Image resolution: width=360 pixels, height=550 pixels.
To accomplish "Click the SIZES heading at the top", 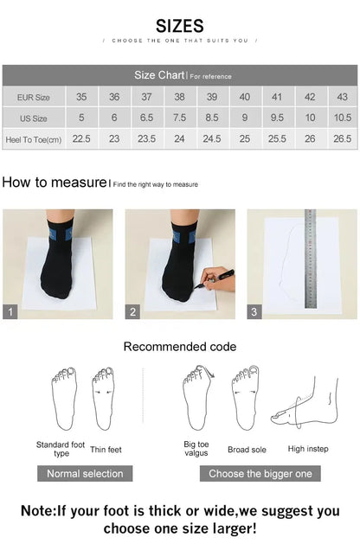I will point(180,25).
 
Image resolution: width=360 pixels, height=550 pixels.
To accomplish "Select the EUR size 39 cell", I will point(212,97).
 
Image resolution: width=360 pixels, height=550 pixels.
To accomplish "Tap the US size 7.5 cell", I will point(179,118).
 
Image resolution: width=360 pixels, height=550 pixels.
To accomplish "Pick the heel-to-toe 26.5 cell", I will point(342,138).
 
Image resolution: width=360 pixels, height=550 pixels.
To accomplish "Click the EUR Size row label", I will point(33,97).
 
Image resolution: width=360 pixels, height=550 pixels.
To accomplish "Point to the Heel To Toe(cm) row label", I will point(33,138).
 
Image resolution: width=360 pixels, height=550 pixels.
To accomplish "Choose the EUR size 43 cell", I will point(342,97).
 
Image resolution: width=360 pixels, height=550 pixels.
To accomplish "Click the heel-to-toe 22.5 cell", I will point(81,138).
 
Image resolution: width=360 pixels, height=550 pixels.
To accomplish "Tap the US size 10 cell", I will point(310,118).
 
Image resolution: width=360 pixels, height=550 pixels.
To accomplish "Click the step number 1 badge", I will point(10,312).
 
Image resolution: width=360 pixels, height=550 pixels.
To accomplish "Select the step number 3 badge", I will point(254,312).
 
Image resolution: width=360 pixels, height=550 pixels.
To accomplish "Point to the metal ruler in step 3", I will point(312,259).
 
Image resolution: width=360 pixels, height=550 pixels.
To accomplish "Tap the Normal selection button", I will point(85,474).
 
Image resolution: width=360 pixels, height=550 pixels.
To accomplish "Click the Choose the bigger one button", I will point(260,474).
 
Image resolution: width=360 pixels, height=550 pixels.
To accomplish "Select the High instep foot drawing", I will point(305,407).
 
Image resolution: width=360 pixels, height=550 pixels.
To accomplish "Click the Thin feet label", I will point(106,449).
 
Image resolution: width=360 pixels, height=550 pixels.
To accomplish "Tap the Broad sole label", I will point(246,450).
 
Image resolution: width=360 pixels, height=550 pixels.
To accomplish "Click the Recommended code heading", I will point(179,347).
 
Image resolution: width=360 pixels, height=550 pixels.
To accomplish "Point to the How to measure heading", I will point(54,182).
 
